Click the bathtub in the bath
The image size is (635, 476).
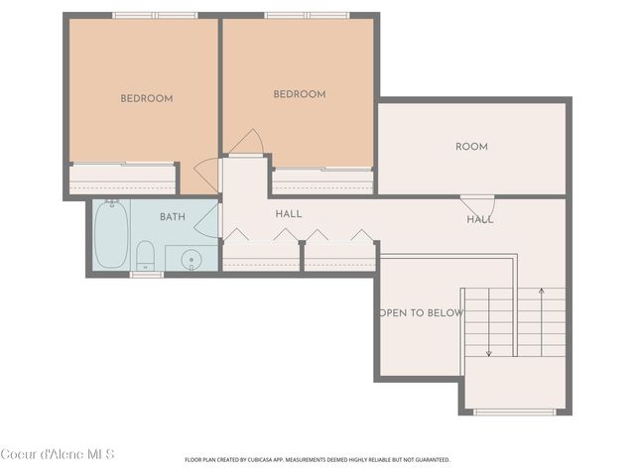(x=111, y=234)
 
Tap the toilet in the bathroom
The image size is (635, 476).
(x=145, y=256)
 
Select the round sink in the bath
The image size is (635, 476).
(x=191, y=260)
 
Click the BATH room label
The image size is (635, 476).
(x=173, y=217)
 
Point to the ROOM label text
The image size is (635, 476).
(x=472, y=147)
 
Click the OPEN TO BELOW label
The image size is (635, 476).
(x=421, y=313)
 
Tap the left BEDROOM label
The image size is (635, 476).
(x=147, y=98)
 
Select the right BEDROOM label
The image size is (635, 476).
(x=300, y=94)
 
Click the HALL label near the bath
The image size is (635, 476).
(x=289, y=214)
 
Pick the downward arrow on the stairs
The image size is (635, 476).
(x=489, y=322)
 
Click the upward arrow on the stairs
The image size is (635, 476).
(x=542, y=322)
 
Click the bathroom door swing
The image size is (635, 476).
(x=207, y=220)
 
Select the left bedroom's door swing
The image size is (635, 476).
(x=207, y=175)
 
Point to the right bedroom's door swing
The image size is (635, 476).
(x=247, y=142)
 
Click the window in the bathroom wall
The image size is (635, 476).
(x=147, y=275)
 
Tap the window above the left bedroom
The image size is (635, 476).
(x=155, y=16)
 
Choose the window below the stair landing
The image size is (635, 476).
(x=515, y=413)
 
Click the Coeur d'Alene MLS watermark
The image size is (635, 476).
(x=58, y=454)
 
